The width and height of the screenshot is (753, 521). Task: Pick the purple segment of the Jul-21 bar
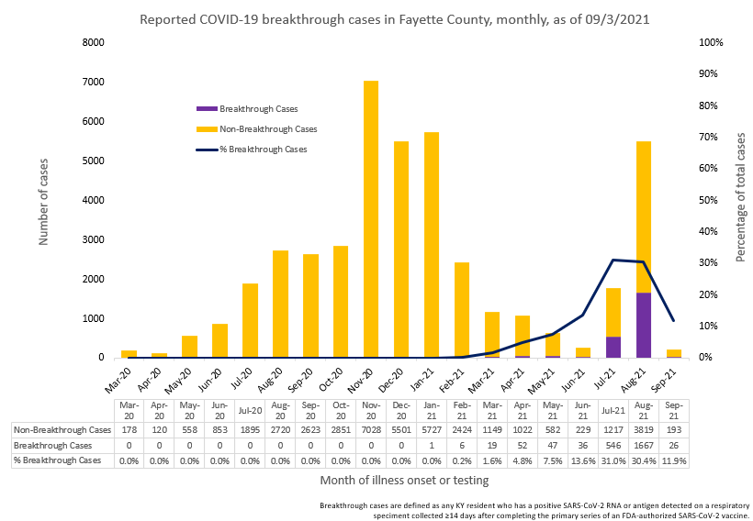(613, 347)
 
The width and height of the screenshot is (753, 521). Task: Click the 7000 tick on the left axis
(94, 82)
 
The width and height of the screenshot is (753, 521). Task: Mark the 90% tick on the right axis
(711, 73)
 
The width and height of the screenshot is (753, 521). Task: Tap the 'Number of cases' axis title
(43, 200)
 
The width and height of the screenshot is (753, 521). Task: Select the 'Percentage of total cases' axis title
(741, 198)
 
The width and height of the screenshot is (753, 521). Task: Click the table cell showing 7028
(371, 428)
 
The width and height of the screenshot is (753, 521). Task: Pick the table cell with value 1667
(643, 445)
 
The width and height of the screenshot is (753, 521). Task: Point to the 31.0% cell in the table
(613, 460)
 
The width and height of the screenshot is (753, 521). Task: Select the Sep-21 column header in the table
(673, 410)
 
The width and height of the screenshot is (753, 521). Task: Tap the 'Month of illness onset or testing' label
(404, 480)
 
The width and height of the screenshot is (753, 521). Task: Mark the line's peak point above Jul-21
(613, 260)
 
